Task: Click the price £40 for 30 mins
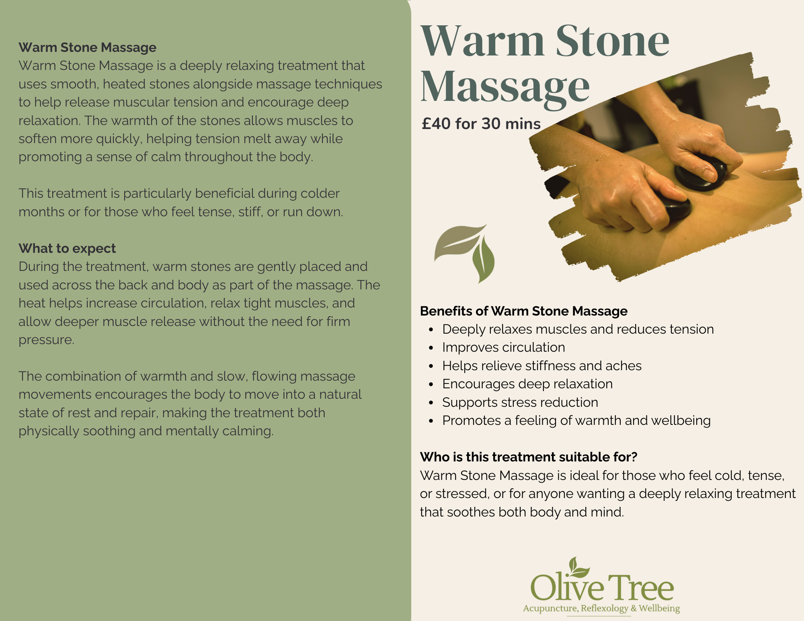(x=481, y=124)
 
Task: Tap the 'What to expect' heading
(x=67, y=248)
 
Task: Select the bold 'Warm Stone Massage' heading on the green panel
(x=87, y=47)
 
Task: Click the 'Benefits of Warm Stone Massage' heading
(x=523, y=311)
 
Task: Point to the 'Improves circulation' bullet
(x=503, y=347)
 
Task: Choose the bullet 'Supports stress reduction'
(x=520, y=402)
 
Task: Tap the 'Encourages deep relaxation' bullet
(x=527, y=384)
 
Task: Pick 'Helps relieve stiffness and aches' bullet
(x=541, y=366)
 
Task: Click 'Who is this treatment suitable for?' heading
(x=529, y=457)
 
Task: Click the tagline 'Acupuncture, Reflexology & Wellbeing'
(x=601, y=609)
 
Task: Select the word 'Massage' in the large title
(x=505, y=87)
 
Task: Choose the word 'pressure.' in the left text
(x=46, y=340)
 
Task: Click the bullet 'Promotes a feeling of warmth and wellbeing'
(x=576, y=420)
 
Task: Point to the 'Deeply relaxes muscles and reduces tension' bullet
(x=578, y=329)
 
